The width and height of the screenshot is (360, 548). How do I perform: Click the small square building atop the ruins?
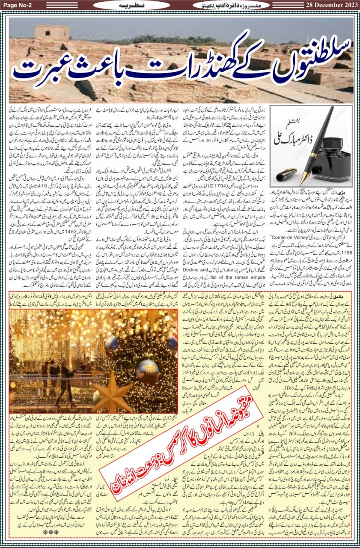[x=51, y=33]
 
